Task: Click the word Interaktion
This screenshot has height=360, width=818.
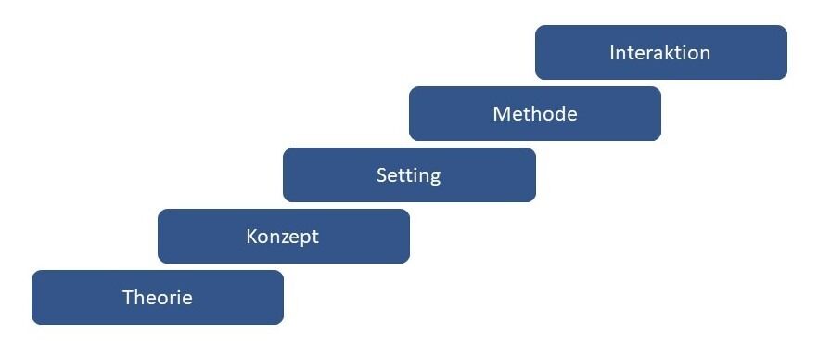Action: [x=659, y=53]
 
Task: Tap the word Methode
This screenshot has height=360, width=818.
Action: [x=535, y=114]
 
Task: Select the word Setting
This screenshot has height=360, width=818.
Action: [x=408, y=176]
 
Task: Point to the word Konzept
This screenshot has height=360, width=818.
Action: [x=282, y=237]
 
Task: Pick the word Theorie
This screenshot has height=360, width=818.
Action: [x=158, y=298]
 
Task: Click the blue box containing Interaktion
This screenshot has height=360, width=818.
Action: [x=661, y=52]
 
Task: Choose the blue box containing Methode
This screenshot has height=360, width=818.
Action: [x=535, y=114]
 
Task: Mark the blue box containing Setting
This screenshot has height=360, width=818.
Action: [x=409, y=174]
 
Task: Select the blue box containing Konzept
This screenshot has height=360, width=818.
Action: [x=283, y=236]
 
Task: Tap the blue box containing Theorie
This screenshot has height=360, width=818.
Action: [x=158, y=298]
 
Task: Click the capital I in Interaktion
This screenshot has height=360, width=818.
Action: [x=612, y=53]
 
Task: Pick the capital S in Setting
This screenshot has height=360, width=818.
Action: [x=381, y=175]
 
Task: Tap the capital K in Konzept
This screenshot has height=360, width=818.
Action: [x=252, y=237]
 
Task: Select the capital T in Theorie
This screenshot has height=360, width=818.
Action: [x=129, y=298]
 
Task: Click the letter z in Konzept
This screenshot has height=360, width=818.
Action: [x=286, y=238]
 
